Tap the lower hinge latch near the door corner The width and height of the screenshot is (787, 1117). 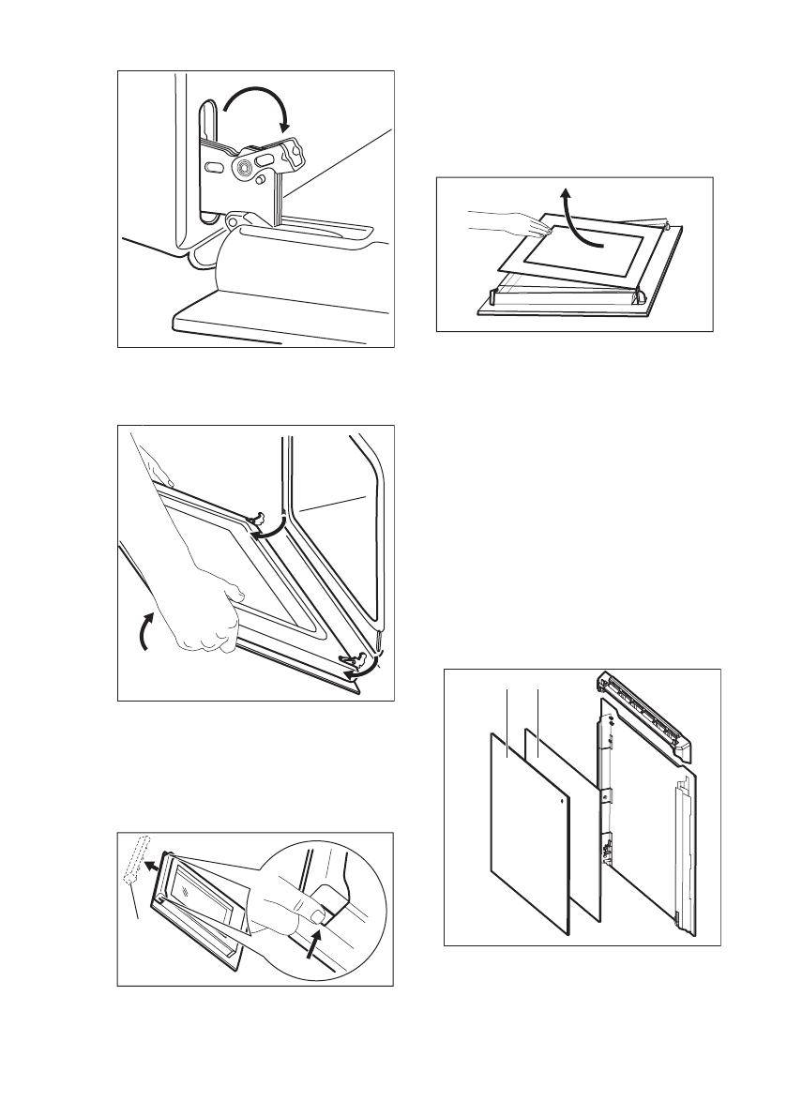[358, 658]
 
